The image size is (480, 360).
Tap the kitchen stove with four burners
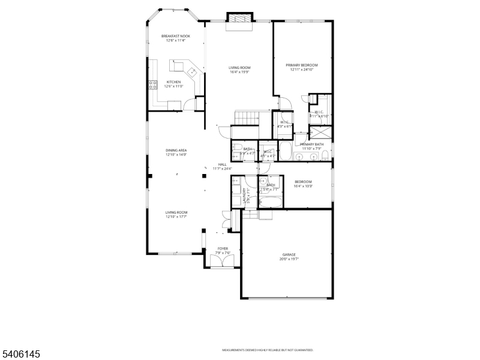tap(153, 85)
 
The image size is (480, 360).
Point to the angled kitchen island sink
tap(193, 73)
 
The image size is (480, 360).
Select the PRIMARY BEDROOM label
tap(301, 65)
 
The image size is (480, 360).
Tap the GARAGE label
tap(289, 254)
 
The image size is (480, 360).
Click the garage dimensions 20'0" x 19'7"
tap(289, 259)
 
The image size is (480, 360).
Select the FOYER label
tap(223, 248)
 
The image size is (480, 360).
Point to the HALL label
tap(222, 164)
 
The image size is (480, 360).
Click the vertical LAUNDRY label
tap(244, 196)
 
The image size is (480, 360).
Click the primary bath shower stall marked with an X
tap(321, 132)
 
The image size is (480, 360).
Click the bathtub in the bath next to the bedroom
tap(271, 200)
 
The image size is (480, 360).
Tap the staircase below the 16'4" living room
tap(247, 118)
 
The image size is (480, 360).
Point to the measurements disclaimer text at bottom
tap(268, 350)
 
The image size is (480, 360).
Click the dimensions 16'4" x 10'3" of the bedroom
tap(303, 186)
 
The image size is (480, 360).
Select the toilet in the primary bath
tap(325, 156)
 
